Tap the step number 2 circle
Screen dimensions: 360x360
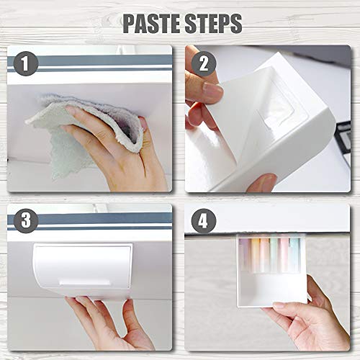click(x=204, y=64)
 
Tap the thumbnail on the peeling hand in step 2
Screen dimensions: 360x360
click(x=212, y=91)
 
